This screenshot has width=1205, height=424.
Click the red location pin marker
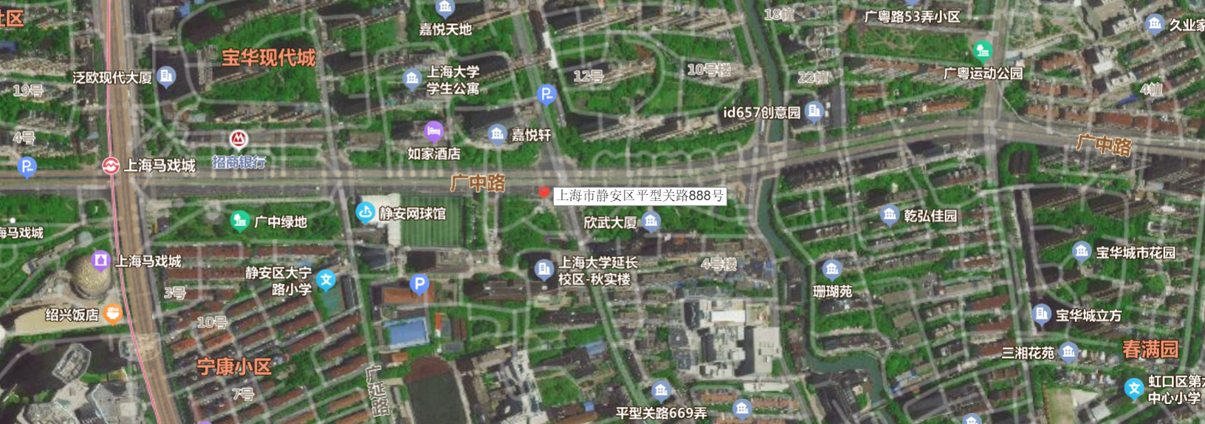(544, 193)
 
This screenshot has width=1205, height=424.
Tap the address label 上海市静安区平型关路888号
(639, 196)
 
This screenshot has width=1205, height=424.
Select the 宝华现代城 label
(269, 58)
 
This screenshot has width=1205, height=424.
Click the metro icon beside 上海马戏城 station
(111, 166)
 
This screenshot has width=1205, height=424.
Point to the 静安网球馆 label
(412, 214)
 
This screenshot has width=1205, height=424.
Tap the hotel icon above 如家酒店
(434, 131)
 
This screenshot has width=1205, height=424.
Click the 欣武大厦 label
(610, 222)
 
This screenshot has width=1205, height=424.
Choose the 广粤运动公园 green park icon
(982, 51)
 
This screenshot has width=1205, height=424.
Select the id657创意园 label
(761, 112)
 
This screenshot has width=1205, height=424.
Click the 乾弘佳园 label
(930, 216)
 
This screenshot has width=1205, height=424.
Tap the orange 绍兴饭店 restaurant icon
(112, 315)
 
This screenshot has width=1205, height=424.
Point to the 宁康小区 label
(234, 366)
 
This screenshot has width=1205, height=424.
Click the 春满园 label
(1150, 349)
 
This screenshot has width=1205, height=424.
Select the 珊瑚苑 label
(832, 292)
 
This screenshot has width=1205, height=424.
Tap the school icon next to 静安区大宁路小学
(326, 280)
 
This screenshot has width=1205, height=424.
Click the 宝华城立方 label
(1088, 315)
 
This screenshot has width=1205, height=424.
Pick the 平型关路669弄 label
(661, 413)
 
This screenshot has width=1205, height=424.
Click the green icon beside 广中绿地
(239, 220)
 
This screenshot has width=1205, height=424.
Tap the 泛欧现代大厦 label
(112, 78)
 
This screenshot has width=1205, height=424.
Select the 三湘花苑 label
(1027, 353)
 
